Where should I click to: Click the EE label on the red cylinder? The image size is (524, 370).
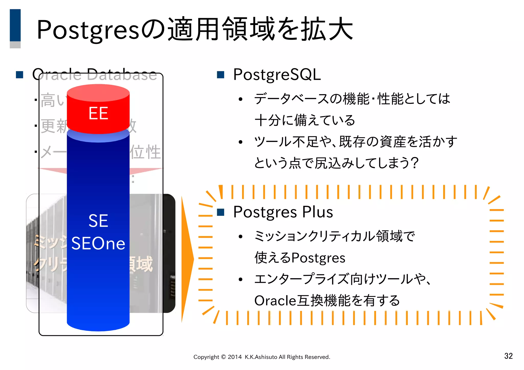coord(98,113)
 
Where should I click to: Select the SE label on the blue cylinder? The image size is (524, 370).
coord(98,220)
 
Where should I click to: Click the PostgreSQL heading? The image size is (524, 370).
coord(277,74)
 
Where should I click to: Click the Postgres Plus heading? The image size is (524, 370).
coord(283,212)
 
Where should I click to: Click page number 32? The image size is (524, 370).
coord(508,356)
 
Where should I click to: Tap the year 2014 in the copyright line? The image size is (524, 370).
coord(235,357)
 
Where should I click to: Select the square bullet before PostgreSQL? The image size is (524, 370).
coord(220,75)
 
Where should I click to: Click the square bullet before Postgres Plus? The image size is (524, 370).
coord(220,212)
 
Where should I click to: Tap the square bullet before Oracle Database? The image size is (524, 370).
coord(19,75)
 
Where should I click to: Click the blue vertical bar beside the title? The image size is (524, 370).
coord(15,26)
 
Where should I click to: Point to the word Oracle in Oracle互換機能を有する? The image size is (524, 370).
coord(275,301)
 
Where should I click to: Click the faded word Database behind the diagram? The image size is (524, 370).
coord(122,75)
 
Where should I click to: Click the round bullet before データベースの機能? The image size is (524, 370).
coord(240,99)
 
